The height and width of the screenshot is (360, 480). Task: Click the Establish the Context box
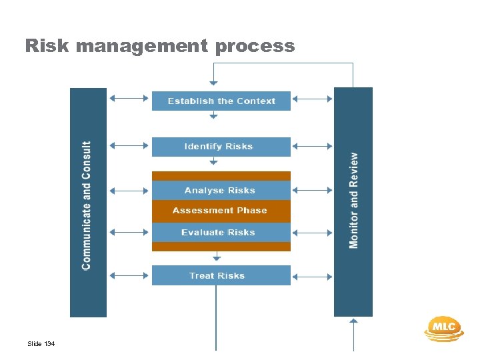(x=221, y=101)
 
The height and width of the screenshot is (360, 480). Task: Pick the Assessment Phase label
(x=219, y=211)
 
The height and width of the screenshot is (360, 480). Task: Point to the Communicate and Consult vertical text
(x=87, y=205)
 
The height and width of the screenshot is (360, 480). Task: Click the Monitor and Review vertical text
(x=353, y=201)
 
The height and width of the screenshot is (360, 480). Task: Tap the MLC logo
(x=443, y=327)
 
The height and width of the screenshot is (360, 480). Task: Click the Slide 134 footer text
(x=41, y=344)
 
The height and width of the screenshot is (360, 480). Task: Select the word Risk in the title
(x=47, y=46)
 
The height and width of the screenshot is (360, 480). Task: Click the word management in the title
(x=141, y=46)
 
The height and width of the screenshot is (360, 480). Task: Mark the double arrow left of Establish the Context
(x=129, y=99)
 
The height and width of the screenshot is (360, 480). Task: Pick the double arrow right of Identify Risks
(x=312, y=145)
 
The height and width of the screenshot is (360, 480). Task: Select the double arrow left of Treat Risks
(x=129, y=275)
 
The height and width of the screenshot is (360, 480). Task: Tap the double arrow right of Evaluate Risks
(x=312, y=232)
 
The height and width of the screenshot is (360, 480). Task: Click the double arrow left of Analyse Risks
(x=129, y=191)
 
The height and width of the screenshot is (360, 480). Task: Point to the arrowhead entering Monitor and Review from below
(x=353, y=321)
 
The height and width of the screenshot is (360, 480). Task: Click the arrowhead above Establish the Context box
(x=213, y=83)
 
